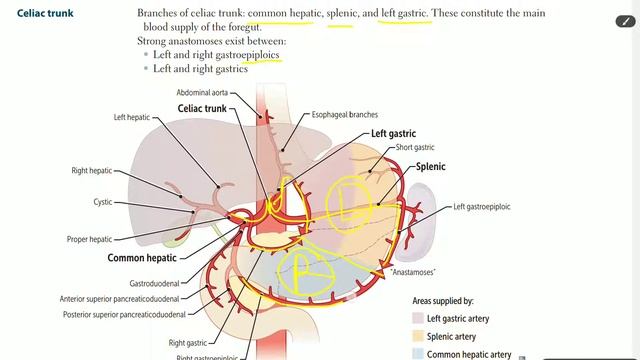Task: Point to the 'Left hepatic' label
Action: click(x=131, y=117)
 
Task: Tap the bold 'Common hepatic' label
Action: click(x=141, y=257)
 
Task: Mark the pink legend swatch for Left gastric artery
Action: click(x=417, y=318)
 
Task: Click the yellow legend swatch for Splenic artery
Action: click(x=417, y=336)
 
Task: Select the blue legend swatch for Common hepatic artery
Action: click(x=417, y=354)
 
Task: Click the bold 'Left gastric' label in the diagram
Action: click(x=393, y=133)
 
